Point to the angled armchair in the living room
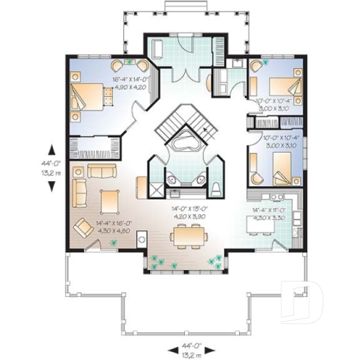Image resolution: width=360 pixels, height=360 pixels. point(84,229)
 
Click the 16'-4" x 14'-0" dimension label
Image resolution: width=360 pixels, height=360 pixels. point(131,83)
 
